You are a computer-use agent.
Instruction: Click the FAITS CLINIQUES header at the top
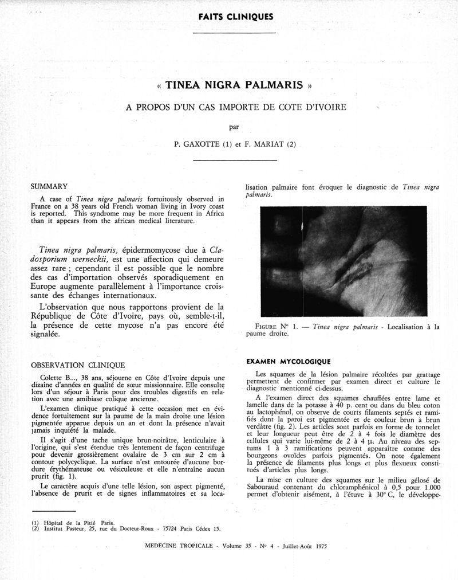coord(235,16)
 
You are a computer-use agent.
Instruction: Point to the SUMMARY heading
coord(49,186)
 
